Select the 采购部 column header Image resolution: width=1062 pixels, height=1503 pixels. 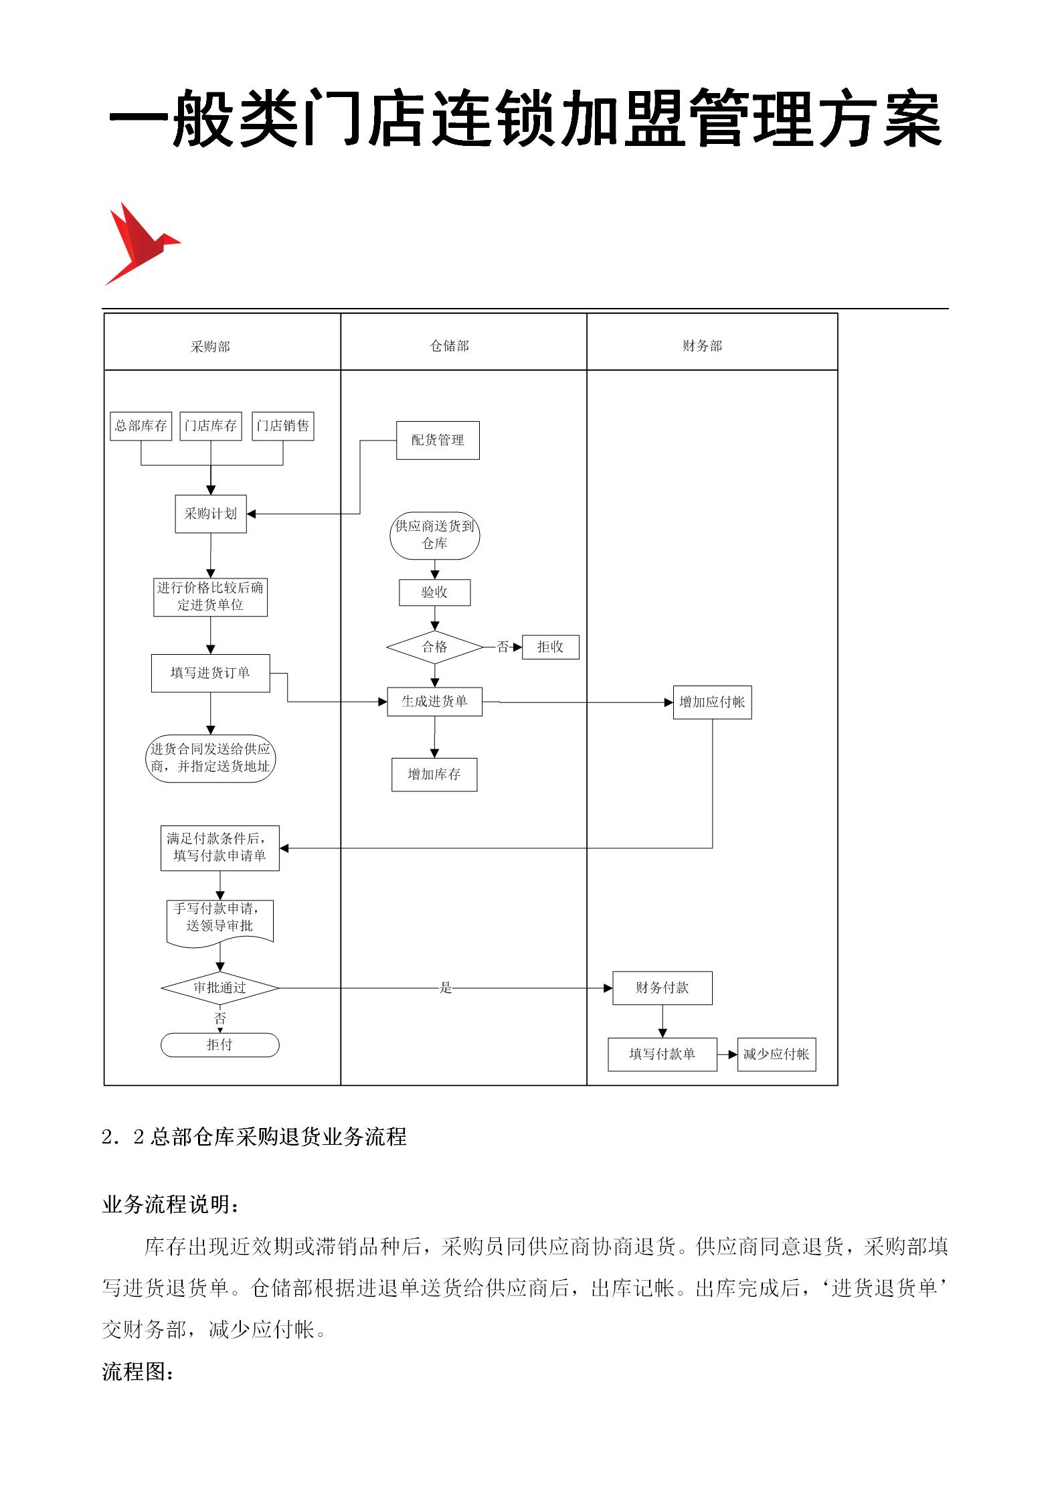[210, 346]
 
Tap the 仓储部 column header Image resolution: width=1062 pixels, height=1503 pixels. [450, 345]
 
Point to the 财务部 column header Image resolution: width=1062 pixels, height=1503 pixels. [702, 345]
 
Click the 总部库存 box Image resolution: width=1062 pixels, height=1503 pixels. [141, 426]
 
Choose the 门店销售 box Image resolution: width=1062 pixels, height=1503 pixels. [282, 426]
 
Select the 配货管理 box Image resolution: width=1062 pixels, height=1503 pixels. [438, 440]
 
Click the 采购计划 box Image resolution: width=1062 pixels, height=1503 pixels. [211, 513]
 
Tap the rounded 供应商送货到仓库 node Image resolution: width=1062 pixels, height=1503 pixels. [435, 535]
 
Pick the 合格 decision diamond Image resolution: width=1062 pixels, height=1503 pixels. [435, 647]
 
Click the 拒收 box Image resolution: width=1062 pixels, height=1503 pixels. [550, 647]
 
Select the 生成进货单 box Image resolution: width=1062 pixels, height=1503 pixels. [434, 702]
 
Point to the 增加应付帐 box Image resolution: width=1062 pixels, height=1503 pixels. [712, 702]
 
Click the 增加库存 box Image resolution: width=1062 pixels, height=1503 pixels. [434, 775]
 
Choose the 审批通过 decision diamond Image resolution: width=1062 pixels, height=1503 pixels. [220, 987]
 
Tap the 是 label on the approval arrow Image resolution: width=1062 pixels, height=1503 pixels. [446, 987]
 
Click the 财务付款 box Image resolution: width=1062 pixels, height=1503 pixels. [662, 987]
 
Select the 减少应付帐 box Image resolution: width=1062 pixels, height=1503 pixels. [776, 1054]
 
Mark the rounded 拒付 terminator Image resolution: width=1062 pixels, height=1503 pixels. [219, 1045]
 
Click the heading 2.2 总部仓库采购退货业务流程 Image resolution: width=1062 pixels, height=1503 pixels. [254, 1137]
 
